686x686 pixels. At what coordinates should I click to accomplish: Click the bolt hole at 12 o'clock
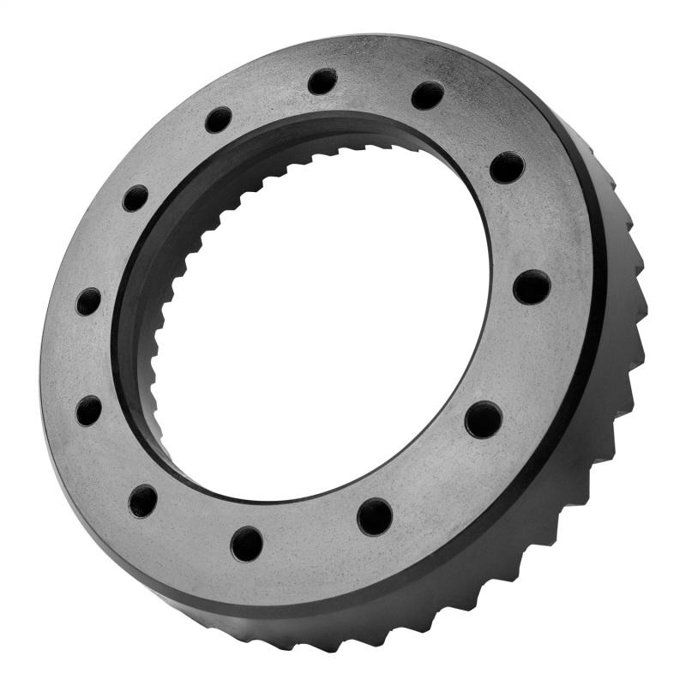[322, 81]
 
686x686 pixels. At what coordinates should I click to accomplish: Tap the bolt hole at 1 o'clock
[427, 95]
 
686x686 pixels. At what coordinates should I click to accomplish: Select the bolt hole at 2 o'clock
[507, 166]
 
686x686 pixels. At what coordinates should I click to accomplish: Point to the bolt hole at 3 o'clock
[532, 286]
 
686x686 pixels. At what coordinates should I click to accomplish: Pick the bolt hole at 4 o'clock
[484, 419]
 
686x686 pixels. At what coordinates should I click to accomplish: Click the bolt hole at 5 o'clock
[375, 516]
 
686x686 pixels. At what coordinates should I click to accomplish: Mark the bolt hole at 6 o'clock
[247, 544]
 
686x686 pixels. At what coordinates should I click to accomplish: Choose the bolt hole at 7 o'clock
[143, 500]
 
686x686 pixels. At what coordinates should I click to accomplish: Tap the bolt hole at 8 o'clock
[88, 411]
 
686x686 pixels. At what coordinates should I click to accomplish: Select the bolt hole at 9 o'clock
[88, 301]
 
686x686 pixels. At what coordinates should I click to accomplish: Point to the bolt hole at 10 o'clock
[135, 198]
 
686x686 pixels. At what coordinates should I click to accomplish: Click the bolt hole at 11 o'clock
[219, 119]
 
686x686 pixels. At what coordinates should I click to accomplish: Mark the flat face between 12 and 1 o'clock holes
[376, 83]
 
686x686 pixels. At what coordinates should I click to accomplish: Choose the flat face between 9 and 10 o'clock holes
[106, 249]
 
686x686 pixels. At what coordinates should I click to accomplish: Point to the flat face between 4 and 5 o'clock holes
[433, 476]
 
